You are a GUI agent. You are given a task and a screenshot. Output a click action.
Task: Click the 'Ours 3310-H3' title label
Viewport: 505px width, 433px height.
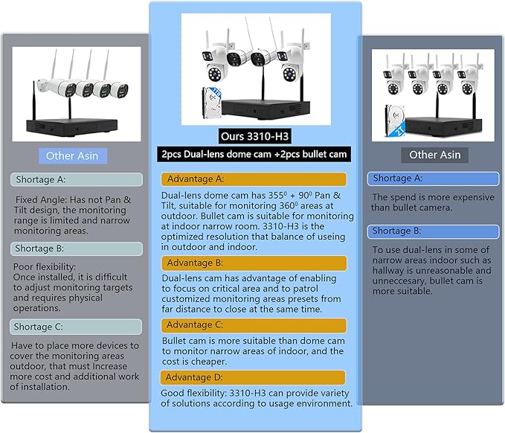254,136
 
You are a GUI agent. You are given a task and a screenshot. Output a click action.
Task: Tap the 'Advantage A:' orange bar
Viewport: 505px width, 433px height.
254,179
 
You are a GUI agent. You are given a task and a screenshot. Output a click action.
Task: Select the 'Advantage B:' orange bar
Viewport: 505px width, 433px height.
254,263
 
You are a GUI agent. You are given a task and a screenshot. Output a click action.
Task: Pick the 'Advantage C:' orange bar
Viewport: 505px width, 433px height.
254,325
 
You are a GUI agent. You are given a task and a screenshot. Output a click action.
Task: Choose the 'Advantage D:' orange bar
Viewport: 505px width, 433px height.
253,378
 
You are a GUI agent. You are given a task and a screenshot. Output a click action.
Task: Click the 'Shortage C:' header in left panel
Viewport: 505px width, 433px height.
76,327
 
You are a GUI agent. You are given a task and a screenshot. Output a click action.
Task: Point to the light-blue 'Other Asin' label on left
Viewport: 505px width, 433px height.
72,156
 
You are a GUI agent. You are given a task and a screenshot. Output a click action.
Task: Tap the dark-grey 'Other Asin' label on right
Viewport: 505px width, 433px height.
435,155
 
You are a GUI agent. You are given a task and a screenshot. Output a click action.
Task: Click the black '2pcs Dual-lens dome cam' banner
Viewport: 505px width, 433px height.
254,154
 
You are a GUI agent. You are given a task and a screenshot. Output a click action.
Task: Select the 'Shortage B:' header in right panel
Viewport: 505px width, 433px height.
433,231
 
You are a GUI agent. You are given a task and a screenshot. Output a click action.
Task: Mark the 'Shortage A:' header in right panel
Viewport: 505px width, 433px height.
433,179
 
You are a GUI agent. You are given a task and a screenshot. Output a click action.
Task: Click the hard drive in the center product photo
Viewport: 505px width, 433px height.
212,103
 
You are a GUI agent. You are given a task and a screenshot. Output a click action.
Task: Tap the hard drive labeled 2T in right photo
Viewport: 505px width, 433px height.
395,121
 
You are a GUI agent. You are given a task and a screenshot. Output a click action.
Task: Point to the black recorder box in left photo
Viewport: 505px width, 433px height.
72,128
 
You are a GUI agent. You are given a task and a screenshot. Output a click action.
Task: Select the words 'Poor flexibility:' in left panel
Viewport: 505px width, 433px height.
45,267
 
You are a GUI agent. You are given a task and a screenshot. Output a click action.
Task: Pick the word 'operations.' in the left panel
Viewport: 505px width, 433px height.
36,308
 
